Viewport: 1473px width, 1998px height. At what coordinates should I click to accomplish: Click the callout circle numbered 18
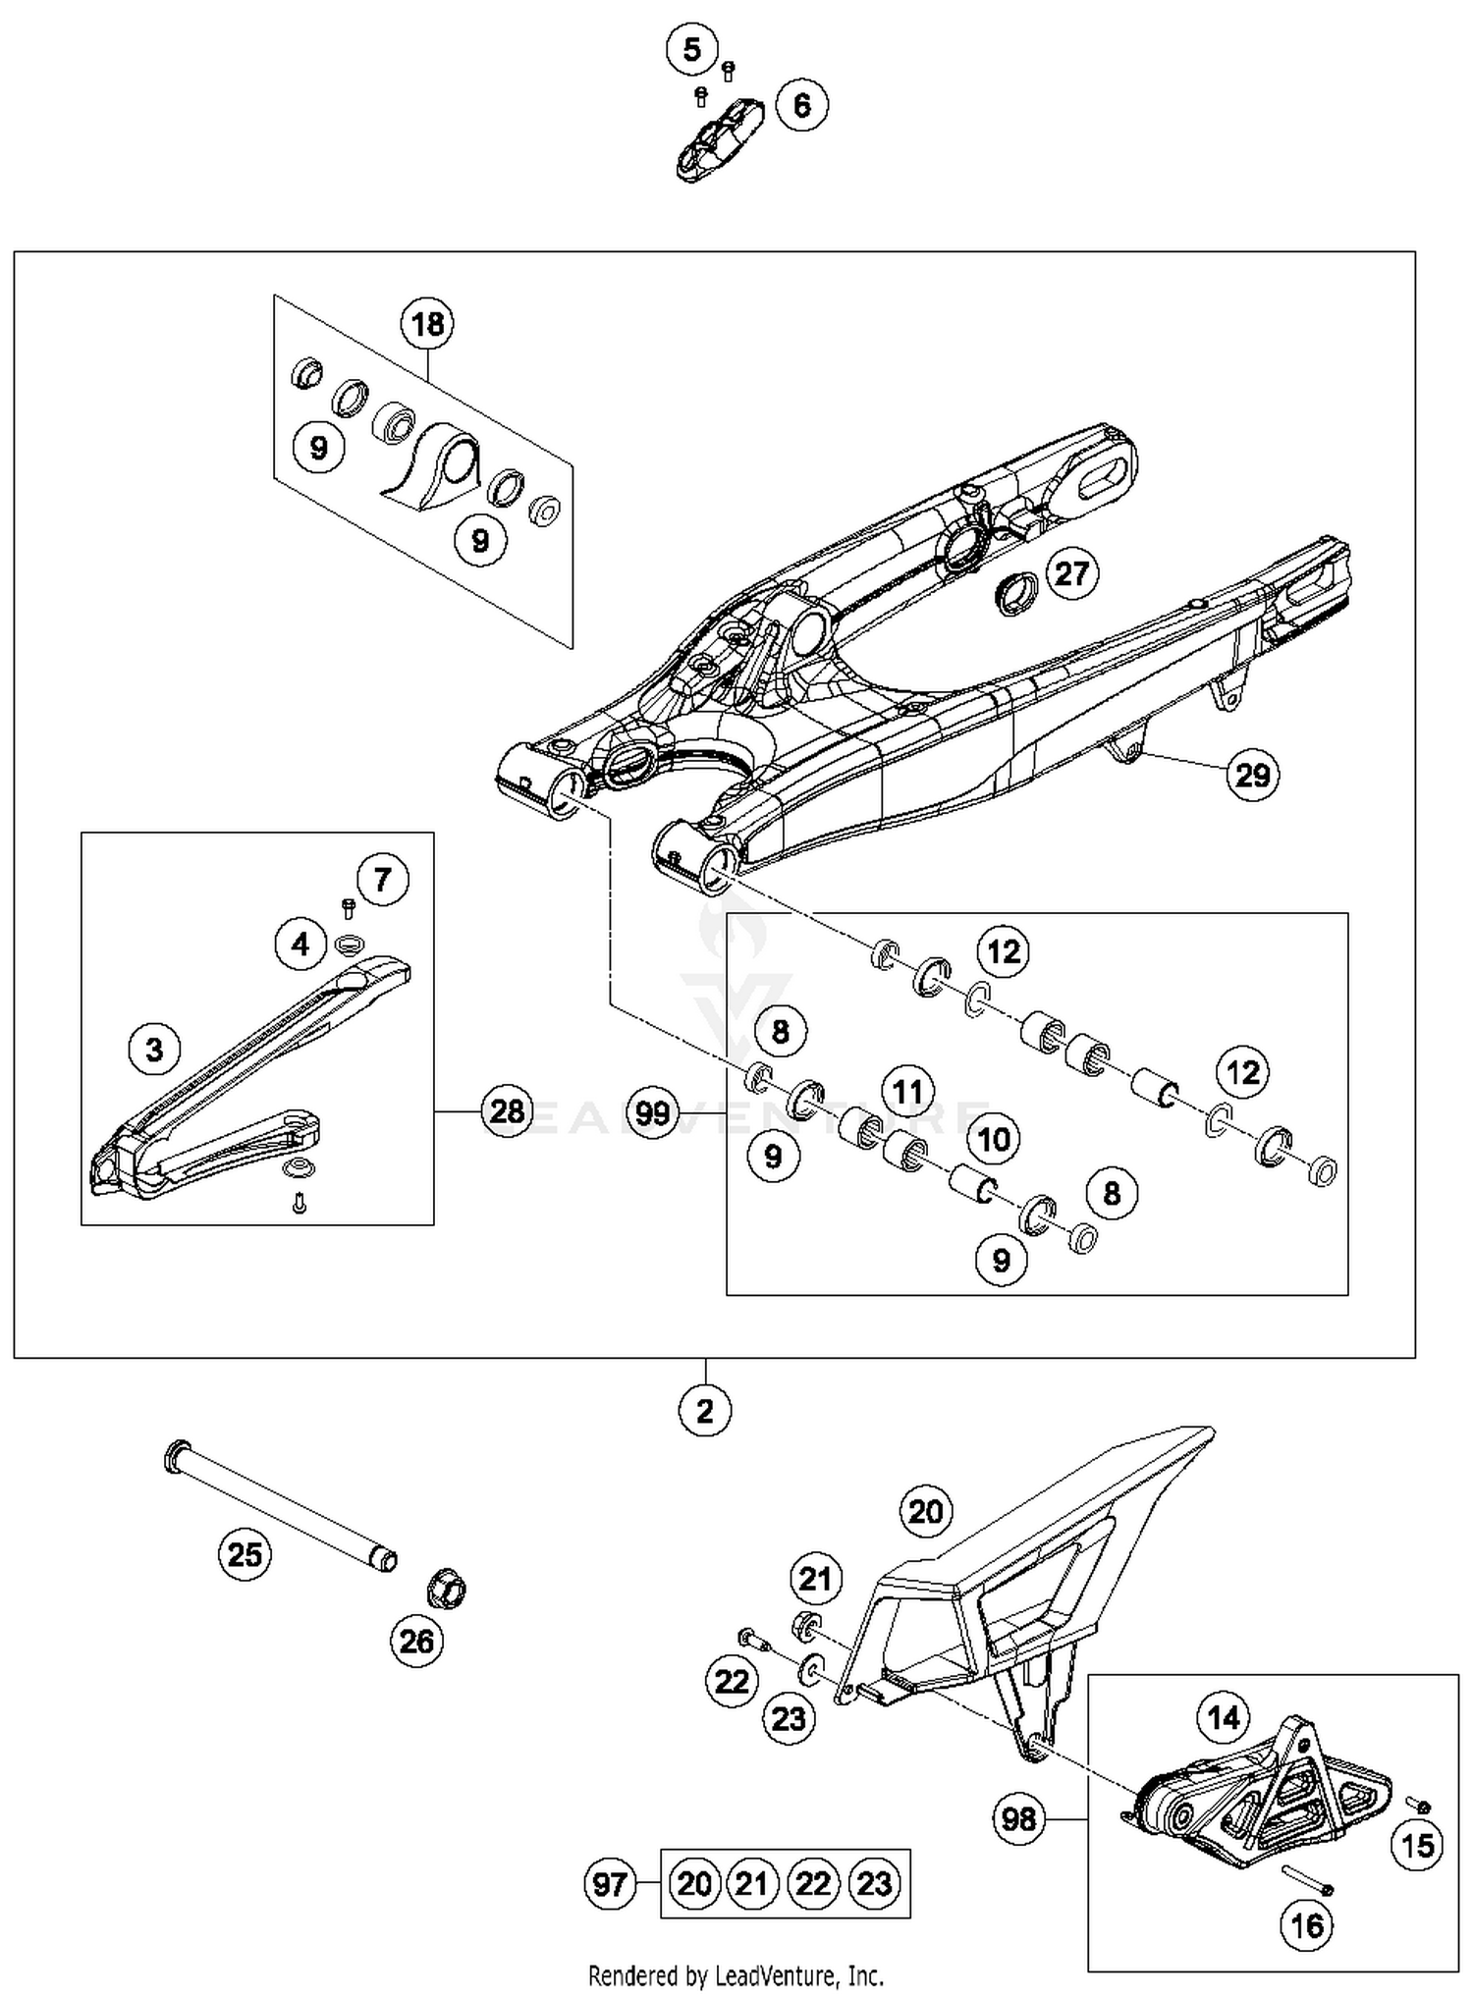427,324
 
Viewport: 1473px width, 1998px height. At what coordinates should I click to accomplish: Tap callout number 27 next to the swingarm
1071,573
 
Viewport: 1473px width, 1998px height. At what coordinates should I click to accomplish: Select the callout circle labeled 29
1252,776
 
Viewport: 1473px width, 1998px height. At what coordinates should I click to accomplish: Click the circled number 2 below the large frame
705,1411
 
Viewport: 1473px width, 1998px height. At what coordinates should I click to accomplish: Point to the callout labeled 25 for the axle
245,1554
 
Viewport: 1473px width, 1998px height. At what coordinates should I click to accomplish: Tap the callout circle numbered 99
652,1113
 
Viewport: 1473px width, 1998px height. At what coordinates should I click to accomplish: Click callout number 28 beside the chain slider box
507,1111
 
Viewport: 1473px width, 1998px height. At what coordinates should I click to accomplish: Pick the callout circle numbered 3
154,1050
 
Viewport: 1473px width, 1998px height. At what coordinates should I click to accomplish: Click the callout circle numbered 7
382,879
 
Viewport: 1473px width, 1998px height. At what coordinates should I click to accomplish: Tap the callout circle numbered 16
1307,1926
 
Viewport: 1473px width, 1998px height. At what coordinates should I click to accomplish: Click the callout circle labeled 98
1018,1819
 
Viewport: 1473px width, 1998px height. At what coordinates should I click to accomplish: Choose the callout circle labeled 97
611,1883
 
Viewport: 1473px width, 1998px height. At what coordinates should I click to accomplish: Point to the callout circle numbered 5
692,49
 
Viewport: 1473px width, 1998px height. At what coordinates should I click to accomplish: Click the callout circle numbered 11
906,1091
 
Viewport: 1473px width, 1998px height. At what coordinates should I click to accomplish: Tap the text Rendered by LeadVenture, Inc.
736,1975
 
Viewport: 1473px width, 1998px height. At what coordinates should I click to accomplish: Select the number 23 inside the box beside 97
874,1883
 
